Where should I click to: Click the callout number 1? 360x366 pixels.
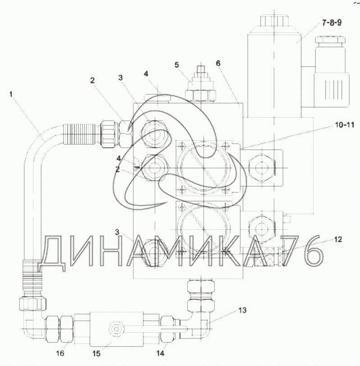coord(11,94)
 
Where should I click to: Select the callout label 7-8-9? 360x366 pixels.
coord(332,23)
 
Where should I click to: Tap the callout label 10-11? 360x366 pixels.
coord(345,125)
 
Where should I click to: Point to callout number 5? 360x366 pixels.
coord(177,65)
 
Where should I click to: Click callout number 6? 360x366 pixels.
coord(218,63)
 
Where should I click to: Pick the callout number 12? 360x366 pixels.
coord(338,239)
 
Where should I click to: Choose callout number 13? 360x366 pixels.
coord(242,310)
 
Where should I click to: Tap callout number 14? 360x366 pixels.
coord(160,353)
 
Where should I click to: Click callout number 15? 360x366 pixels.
coord(96,354)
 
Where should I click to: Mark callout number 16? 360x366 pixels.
coord(60,353)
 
